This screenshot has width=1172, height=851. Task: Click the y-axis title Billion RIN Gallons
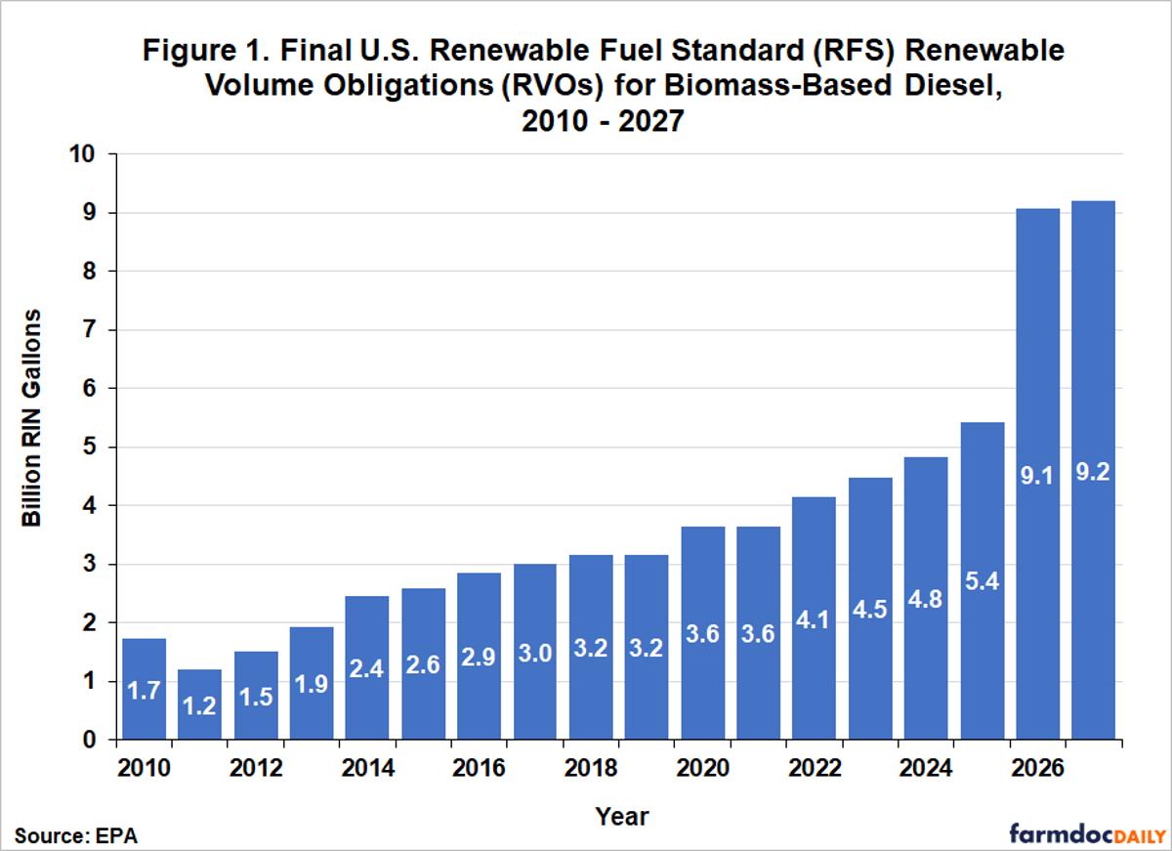coord(32,418)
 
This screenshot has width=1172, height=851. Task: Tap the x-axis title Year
coord(622,815)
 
